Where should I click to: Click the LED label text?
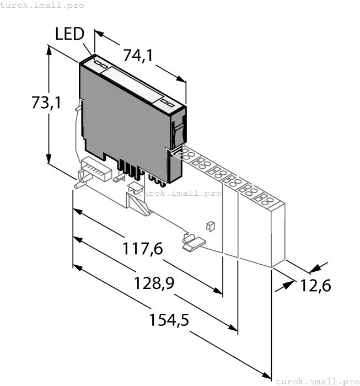69,34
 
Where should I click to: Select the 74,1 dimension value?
138,56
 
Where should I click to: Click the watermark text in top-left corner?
42,5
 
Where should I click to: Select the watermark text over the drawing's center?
179,193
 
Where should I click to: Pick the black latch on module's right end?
178,132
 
